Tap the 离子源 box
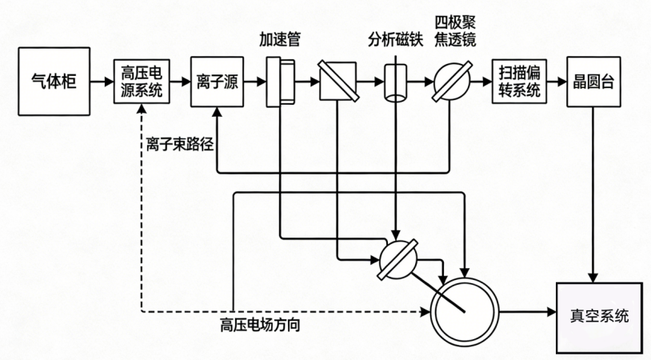point(214,82)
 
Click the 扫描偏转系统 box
point(518,82)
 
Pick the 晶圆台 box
point(593,82)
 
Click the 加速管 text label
point(279,38)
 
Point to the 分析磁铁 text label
point(394,38)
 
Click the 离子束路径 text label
point(179,145)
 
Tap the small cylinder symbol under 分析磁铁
point(394,82)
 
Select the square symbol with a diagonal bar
point(336,82)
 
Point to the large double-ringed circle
point(465,308)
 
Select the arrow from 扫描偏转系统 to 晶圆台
point(553,82)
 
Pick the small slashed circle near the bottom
point(397,258)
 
